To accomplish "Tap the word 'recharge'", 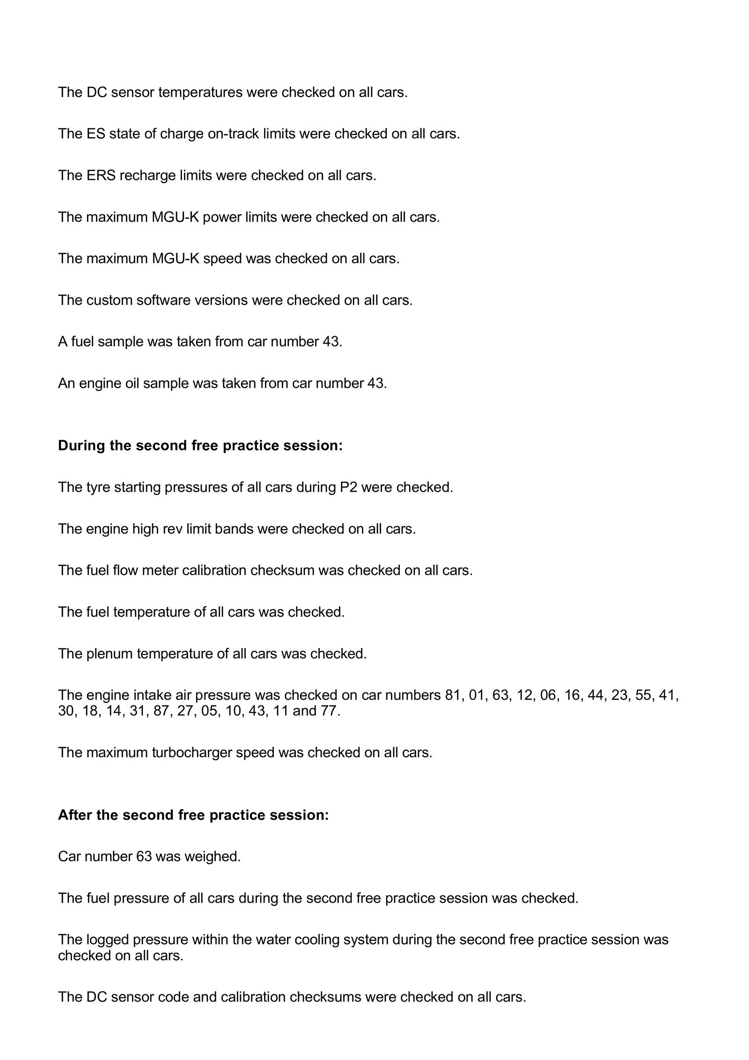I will (x=147, y=176).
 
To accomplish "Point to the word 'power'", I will (x=222, y=217).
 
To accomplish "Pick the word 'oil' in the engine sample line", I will (x=132, y=383).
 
